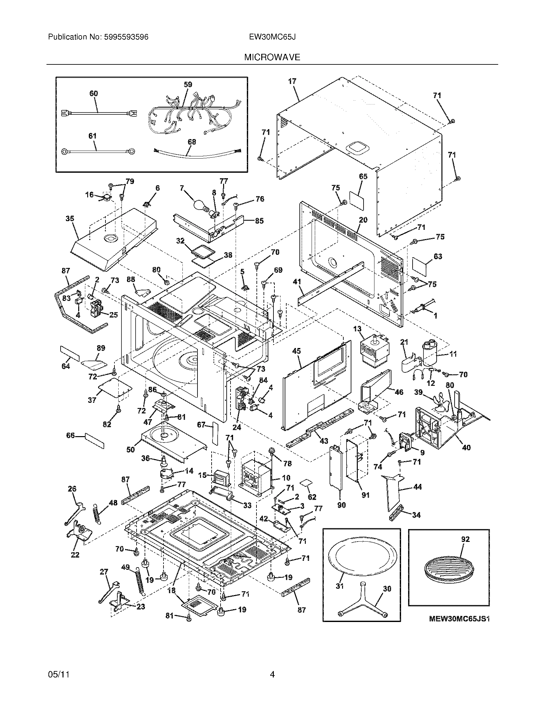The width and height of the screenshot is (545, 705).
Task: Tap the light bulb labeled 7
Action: tap(200, 205)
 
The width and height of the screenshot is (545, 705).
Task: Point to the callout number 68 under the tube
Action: tap(192, 142)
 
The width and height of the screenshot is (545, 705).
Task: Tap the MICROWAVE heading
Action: tap(272, 57)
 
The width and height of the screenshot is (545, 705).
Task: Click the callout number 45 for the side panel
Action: tap(297, 351)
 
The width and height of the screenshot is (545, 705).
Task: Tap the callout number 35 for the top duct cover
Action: tap(70, 219)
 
